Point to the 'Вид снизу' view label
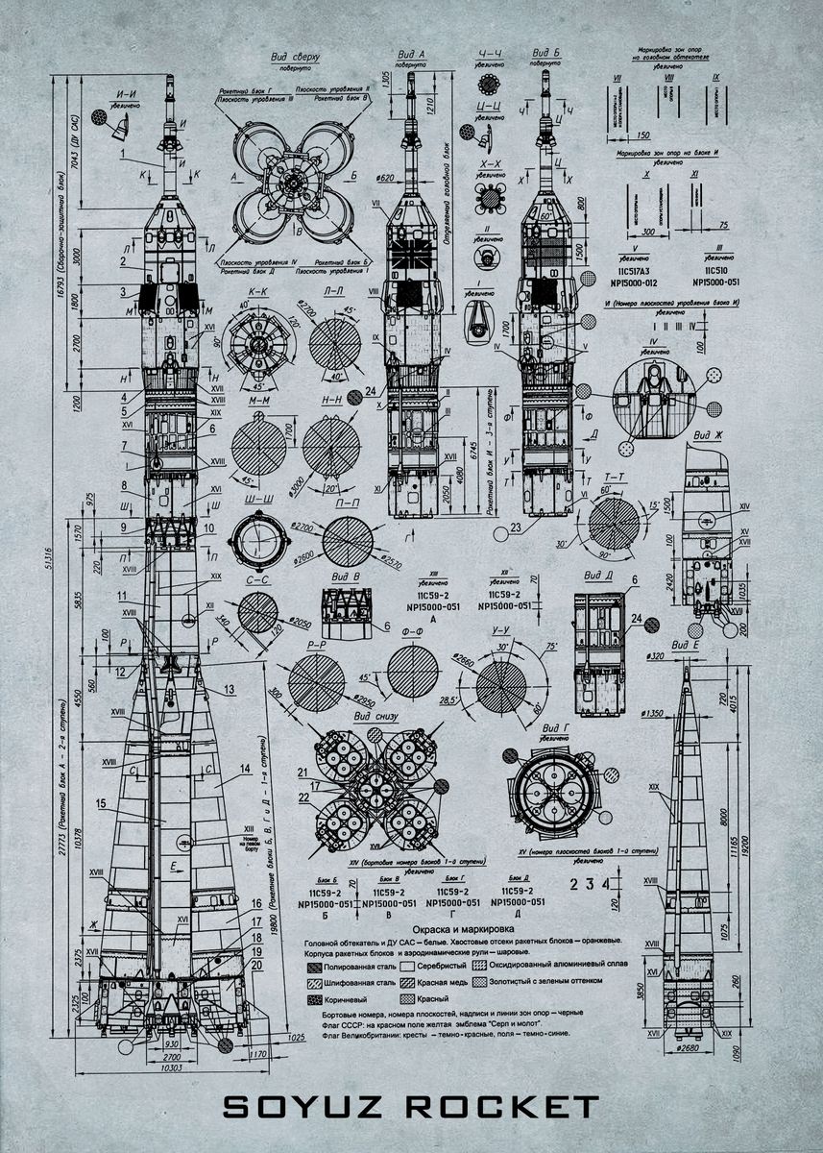(x=375, y=716)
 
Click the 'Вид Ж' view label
(x=711, y=435)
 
